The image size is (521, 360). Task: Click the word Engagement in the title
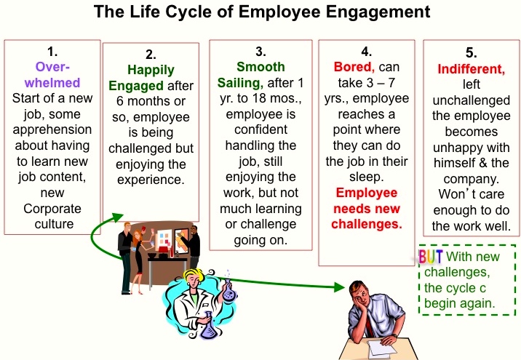click(378, 12)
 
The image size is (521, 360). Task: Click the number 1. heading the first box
click(52, 52)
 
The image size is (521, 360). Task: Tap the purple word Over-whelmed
click(52, 75)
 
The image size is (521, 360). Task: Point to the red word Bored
click(354, 67)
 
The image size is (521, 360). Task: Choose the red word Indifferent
click(472, 69)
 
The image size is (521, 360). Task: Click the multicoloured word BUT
click(431, 257)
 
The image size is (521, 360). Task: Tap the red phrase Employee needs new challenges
click(367, 209)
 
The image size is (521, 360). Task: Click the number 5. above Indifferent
click(472, 53)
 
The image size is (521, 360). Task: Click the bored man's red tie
click(370, 326)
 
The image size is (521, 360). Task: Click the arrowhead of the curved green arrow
click(118, 217)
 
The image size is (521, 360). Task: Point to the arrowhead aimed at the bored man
click(340, 287)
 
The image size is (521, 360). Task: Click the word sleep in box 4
click(366, 177)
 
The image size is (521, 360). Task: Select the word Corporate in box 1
click(52, 209)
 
